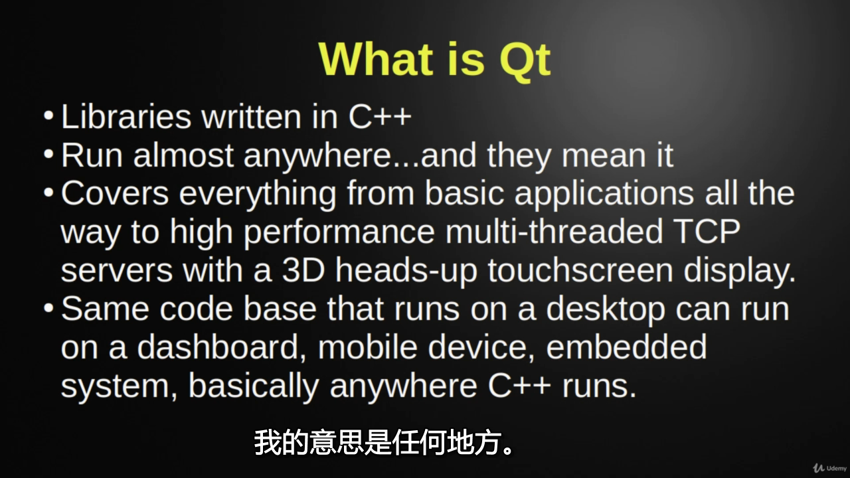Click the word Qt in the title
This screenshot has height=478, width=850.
point(525,60)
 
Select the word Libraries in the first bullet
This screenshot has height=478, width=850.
point(126,116)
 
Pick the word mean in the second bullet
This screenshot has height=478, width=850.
point(604,156)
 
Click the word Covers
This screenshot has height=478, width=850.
point(115,194)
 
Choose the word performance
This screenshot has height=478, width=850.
point(339,233)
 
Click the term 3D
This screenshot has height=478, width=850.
point(303,270)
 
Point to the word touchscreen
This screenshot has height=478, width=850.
point(580,270)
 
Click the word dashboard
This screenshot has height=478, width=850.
point(222,347)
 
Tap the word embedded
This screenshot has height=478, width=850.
point(626,347)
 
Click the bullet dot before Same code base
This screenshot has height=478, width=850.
point(48,307)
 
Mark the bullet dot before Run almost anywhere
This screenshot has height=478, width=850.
point(48,154)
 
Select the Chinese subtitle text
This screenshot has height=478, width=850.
point(384,442)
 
